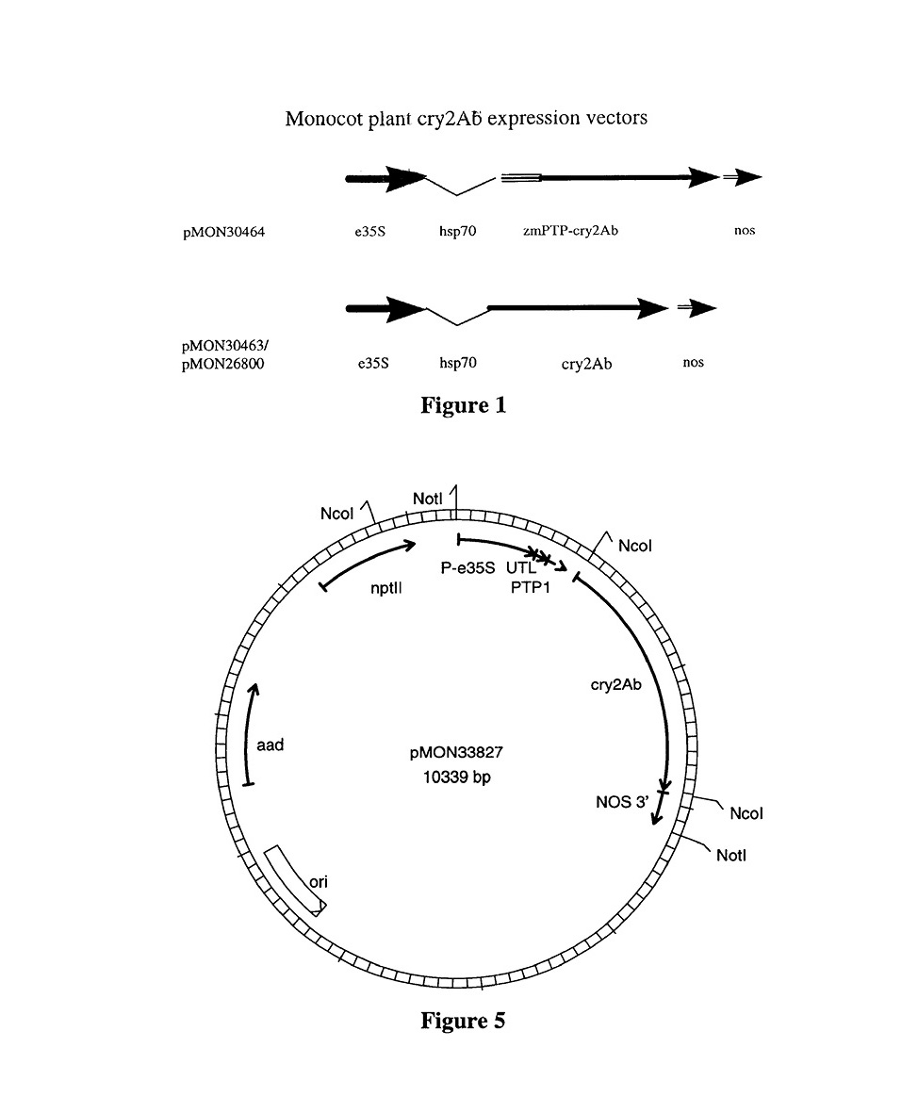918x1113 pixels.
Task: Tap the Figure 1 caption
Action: point(463,405)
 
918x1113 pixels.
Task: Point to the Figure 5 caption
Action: point(462,1021)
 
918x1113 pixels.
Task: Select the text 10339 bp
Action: point(454,778)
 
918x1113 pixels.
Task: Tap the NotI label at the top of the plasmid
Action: point(430,497)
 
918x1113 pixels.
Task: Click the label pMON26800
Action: point(223,363)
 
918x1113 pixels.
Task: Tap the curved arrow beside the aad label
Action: point(252,736)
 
